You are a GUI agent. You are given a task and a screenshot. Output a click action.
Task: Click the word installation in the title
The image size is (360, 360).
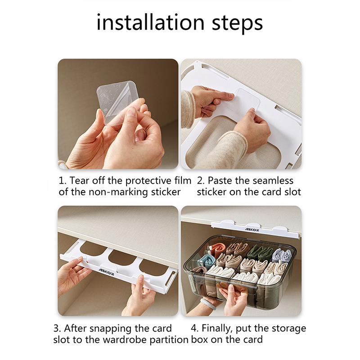click(x=150, y=22)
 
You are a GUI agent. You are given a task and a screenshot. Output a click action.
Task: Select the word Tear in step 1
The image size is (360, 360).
click(x=79, y=181)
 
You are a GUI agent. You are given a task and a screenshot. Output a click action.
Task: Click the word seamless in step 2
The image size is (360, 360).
click(x=271, y=181)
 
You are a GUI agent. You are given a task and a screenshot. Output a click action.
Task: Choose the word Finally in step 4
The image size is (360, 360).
click(x=217, y=328)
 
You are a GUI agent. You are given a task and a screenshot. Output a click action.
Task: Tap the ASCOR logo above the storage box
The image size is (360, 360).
click(x=252, y=229)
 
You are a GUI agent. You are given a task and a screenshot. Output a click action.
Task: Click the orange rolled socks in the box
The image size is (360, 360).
click(x=218, y=249)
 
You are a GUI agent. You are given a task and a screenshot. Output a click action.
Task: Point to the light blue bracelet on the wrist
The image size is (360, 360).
click(x=208, y=303)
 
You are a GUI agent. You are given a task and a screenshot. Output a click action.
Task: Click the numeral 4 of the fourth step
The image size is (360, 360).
click(x=194, y=328)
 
